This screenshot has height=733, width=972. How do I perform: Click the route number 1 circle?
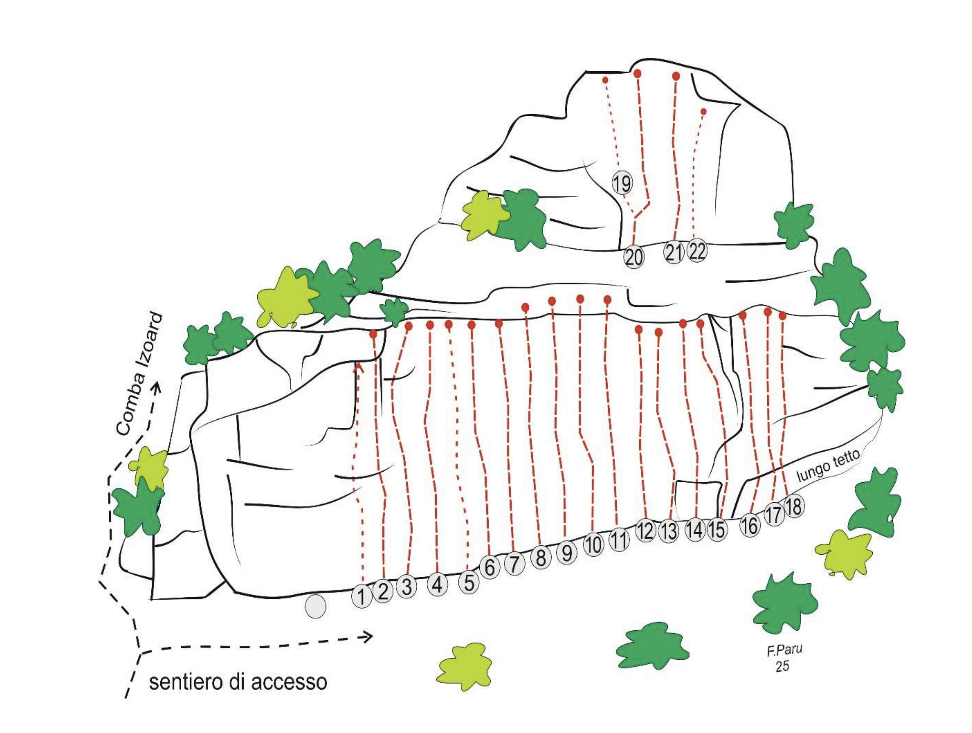click(x=362, y=597)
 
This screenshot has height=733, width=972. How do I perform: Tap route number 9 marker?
click(x=567, y=553)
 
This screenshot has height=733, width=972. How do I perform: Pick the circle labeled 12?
click(x=646, y=531)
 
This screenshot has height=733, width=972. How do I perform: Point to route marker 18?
click(x=794, y=507)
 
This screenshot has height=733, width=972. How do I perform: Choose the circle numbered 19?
click(x=622, y=183)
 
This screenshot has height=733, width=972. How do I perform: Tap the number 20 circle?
click(x=634, y=257)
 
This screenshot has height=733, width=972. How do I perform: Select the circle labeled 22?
click(x=697, y=251)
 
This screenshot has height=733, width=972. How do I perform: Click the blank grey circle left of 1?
click(x=315, y=607)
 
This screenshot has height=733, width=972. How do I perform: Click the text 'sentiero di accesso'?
click(x=238, y=681)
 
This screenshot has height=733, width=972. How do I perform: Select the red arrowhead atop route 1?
click(x=360, y=366)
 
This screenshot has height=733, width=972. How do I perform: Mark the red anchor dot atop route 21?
click(x=676, y=76)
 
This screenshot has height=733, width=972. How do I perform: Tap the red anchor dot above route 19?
click(x=605, y=80)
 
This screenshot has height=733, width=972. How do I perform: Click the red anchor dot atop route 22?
click(x=703, y=111)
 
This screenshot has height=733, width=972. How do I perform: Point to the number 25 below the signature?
click(x=782, y=666)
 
